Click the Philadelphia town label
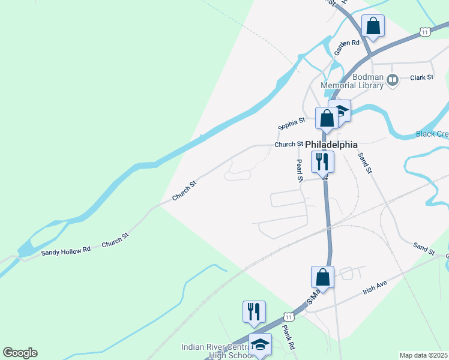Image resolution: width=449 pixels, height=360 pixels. [331, 145]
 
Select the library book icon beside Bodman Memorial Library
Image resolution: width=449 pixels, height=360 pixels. [393, 79]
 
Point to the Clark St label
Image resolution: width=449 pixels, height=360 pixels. [421, 77]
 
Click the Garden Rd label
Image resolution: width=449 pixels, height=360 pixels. [346, 48]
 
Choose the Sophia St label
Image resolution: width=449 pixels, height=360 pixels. [288, 124]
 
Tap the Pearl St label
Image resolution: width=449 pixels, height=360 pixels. [298, 170]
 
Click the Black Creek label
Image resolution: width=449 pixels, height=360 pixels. [432, 134]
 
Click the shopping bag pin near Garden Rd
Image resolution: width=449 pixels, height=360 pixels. [373, 26]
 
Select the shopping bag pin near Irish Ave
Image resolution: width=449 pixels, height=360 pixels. [322, 277]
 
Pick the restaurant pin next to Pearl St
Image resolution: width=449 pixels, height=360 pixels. [322, 161]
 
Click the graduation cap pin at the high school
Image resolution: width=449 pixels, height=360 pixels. [260, 344]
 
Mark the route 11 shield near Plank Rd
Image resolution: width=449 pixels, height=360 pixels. [289, 316]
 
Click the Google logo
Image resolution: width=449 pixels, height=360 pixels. [20, 353]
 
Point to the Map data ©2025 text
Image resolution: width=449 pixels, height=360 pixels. [423, 355]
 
